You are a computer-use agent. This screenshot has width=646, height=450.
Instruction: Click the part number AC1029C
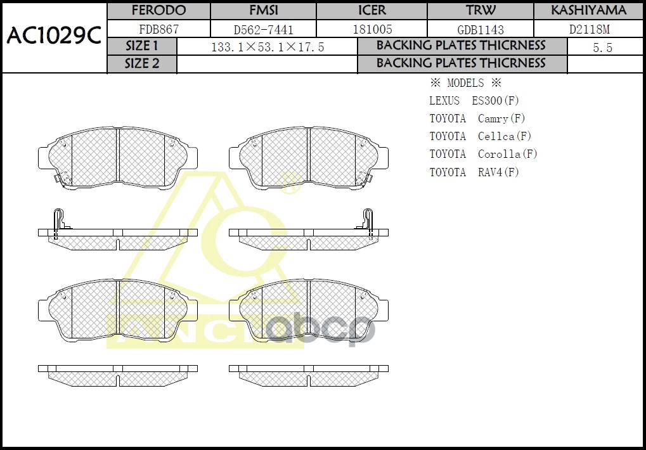pos(54,37)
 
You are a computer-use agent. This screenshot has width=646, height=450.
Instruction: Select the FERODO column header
pos(158,11)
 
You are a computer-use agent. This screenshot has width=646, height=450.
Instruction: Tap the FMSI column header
pos(263,11)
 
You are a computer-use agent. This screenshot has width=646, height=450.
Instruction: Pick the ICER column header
pos(371,11)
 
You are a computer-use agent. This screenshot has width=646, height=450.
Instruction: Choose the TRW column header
pos(481,11)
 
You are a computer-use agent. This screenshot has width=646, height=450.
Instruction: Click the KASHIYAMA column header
pos(588,11)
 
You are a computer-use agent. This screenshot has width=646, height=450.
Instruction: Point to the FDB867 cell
pos(158,29)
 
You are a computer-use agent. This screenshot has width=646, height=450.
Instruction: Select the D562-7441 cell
pos(263,29)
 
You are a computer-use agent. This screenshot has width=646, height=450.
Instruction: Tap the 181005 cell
pos(371,29)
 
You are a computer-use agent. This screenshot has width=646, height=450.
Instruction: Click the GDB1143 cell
pos(481,29)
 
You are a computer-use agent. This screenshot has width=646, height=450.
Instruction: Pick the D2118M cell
pos(588,29)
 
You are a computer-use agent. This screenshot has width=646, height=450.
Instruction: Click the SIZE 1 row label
pos(142,46)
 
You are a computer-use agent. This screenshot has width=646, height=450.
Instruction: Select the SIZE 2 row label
pos(142,64)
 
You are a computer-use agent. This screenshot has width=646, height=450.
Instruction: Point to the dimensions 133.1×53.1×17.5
pos(267,47)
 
